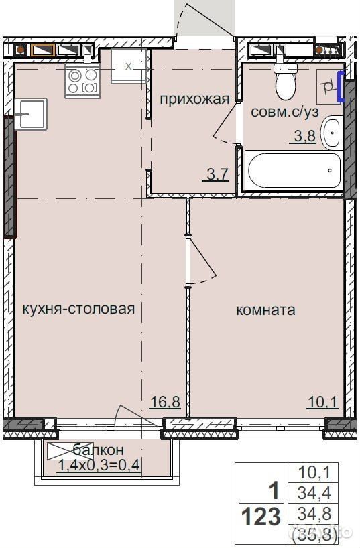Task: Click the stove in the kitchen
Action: [x=82, y=82]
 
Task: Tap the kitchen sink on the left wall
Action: [x=31, y=114]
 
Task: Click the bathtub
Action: [x=294, y=171]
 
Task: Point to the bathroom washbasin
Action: [x=331, y=133]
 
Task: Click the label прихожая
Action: [x=194, y=100]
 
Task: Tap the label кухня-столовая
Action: [x=78, y=309]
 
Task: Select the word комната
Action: [x=266, y=310]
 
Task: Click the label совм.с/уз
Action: [x=285, y=112]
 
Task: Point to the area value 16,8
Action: [x=165, y=402]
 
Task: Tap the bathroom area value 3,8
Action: [x=305, y=135]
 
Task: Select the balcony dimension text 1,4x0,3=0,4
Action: [x=99, y=465]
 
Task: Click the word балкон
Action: [x=99, y=450]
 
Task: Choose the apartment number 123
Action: [x=261, y=517]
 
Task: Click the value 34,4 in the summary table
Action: [x=314, y=493]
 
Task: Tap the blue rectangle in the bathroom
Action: [x=341, y=86]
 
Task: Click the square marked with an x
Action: [x=129, y=66]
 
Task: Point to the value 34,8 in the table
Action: [x=314, y=514]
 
